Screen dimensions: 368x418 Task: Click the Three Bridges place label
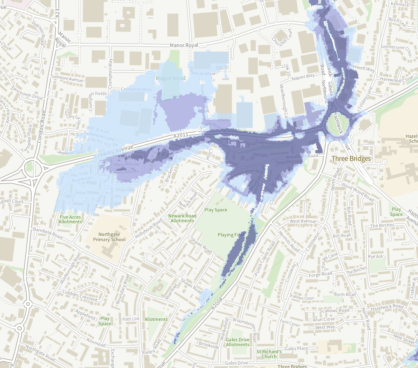point(351,159)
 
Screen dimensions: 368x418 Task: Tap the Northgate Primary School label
point(109,237)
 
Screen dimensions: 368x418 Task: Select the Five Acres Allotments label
point(70,219)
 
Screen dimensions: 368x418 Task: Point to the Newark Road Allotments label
point(182,218)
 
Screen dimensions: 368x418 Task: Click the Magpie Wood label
point(171,78)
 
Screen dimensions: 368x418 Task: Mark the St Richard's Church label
point(269,354)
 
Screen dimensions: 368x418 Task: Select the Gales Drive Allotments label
point(238,342)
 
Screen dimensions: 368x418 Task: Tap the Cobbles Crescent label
point(80,296)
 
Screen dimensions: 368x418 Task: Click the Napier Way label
point(304,76)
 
